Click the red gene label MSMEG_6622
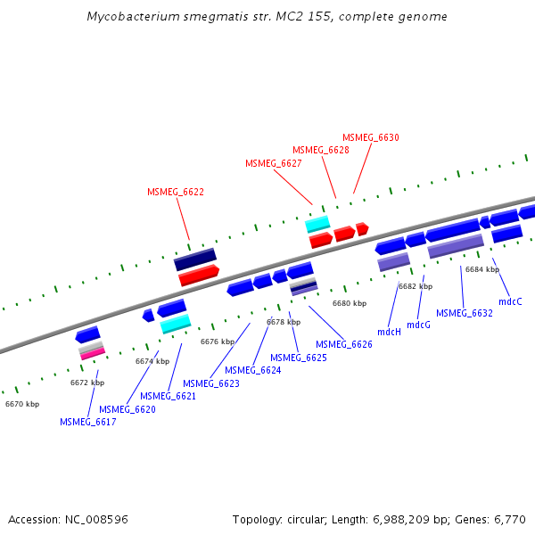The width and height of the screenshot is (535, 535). (x=176, y=192)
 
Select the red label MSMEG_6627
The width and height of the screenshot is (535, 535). (x=274, y=163)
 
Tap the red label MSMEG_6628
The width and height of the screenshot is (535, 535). (x=321, y=150)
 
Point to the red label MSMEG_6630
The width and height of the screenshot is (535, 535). (x=371, y=137)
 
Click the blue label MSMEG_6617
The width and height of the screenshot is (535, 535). (x=88, y=422)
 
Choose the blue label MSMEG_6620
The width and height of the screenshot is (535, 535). (x=128, y=409)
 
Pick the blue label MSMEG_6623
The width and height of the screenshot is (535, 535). (x=211, y=383)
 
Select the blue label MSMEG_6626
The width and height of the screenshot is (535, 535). (x=344, y=344)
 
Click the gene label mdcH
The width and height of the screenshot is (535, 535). (x=389, y=332)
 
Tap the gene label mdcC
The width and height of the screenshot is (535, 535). (x=510, y=301)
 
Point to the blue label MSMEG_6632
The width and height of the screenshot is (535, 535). (x=465, y=313)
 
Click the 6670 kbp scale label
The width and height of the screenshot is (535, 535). (x=22, y=404)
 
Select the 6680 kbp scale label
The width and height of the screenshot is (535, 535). (x=350, y=303)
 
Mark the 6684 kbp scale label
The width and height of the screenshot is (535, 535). (x=482, y=269)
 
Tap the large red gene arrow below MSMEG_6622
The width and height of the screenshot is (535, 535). (x=199, y=276)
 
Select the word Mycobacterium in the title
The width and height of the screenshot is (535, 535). (x=133, y=17)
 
